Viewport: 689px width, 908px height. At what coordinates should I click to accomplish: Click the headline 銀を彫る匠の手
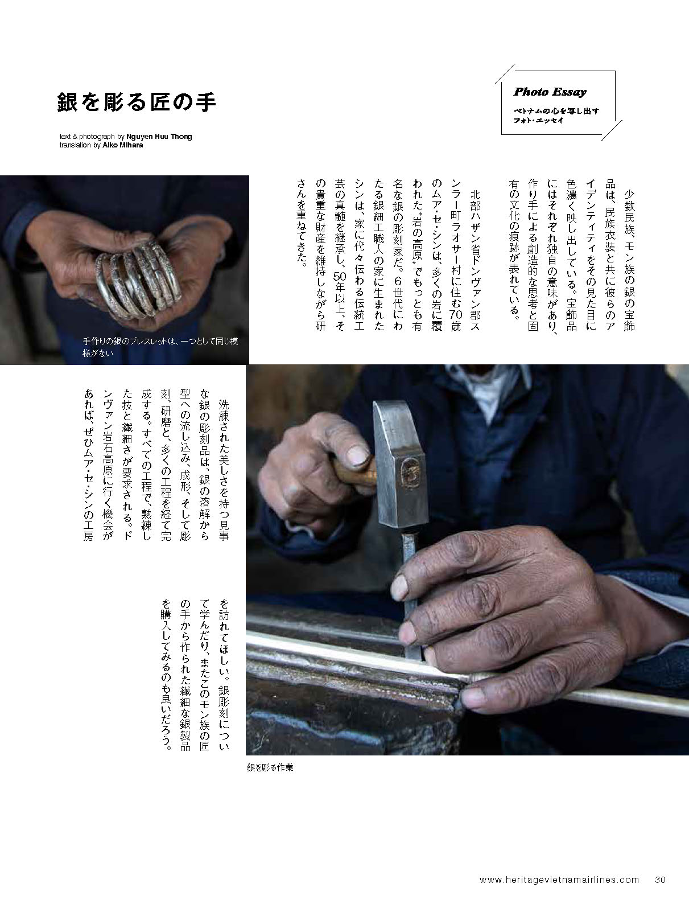coord(137,102)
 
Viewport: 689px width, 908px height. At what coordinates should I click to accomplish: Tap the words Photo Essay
coord(550,92)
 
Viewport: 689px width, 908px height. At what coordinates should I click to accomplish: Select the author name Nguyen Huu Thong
coord(159,137)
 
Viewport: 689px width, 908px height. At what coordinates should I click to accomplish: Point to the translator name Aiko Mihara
coord(123,145)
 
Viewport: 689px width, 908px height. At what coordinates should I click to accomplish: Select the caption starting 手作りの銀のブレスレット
coord(160,347)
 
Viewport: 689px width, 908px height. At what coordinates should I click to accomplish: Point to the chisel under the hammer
coord(410,595)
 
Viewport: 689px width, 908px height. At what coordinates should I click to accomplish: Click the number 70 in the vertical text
coord(455,315)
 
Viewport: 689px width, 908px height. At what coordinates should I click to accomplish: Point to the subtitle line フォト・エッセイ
coord(538,120)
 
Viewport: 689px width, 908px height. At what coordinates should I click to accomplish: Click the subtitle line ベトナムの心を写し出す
coord(556,111)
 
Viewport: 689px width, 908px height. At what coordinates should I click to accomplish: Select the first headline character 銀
coord(67,102)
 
